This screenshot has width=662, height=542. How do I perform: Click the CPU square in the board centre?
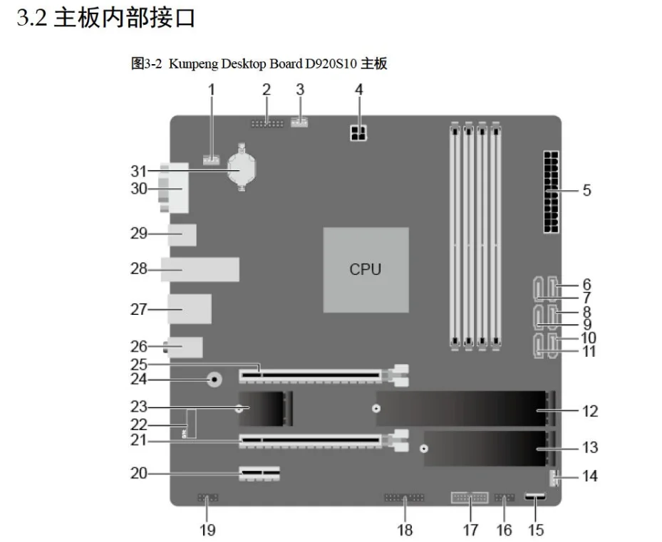click(x=366, y=269)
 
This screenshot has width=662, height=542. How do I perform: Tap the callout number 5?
click(x=586, y=191)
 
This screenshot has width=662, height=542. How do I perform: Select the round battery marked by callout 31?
click(x=243, y=168)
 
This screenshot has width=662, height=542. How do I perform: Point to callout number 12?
click(x=590, y=411)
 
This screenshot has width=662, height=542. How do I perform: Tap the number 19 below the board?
click(x=207, y=529)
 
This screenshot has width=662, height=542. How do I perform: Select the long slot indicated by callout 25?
click(x=310, y=372)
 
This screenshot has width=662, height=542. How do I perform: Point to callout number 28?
click(x=138, y=269)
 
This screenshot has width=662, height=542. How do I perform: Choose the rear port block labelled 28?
click(x=200, y=269)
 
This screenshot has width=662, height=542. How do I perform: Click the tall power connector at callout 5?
click(x=550, y=191)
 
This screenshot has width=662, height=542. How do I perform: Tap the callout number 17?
click(x=470, y=529)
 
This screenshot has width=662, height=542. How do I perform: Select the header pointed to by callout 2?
click(x=267, y=123)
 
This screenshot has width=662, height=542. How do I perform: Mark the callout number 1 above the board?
click(x=211, y=90)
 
